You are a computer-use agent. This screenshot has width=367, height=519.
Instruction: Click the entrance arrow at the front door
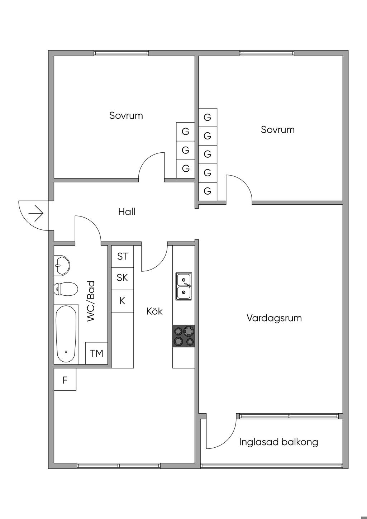[x=36, y=214]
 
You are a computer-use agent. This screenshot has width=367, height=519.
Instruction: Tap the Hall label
[x=127, y=212]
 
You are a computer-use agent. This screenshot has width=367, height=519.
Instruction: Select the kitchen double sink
[x=183, y=286]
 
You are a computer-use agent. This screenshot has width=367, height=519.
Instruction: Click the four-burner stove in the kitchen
[x=183, y=336]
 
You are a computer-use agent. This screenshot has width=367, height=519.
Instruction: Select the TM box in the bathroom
[x=96, y=353]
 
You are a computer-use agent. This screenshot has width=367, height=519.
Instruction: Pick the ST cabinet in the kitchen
[x=122, y=256]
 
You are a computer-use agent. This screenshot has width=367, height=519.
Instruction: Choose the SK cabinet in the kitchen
[x=122, y=278]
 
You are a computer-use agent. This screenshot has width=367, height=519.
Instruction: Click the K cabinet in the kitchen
[x=122, y=301]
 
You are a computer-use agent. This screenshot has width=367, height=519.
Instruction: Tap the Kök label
[x=154, y=311]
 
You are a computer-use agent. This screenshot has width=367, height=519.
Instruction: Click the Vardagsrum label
[x=274, y=318]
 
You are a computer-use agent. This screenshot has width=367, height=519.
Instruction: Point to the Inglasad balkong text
[x=278, y=442]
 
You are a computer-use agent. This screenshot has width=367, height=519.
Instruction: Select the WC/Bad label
[x=91, y=301]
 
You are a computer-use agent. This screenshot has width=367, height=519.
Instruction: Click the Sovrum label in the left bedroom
[x=126, y=115]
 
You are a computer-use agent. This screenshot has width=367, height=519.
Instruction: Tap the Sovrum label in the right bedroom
[x=278, y=129]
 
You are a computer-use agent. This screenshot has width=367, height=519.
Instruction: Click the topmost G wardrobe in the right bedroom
[x=208, y=117]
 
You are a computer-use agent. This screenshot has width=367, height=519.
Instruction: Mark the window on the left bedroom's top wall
[x=121, y=53]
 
